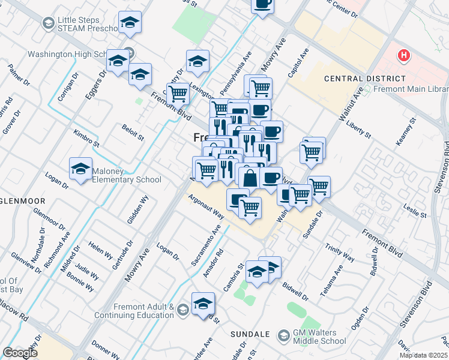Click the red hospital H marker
click(x=404, y=56)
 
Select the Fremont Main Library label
click(x=411, y=89)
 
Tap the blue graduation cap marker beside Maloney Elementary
click(x=80, y=169)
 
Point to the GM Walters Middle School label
click(x=319, y=337)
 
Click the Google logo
click(x=20, y=352)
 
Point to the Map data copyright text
click(x=424, y=355)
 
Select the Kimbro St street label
click(x=85, y=137)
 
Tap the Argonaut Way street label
click(x=206, y=206)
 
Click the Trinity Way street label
click(x=340, y=253)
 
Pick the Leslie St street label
click(x=415, y=211)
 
